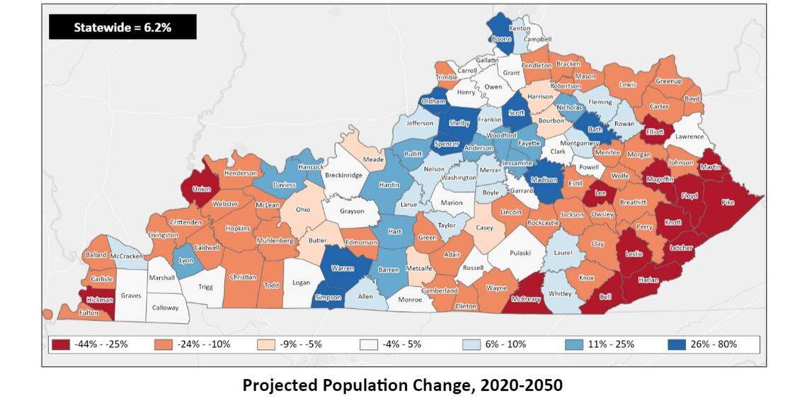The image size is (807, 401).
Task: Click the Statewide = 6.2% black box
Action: [122, 27]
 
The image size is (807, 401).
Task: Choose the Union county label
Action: [201, 189]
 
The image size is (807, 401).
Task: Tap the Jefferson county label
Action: [420, 123]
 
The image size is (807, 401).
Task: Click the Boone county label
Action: [501, 39]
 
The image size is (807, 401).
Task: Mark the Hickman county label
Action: [96, 300]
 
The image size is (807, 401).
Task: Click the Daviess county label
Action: [285, 185]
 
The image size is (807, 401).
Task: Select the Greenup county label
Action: [668, 81]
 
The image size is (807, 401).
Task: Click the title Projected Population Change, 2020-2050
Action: [403, 385]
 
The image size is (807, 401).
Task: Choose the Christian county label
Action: [243, 277]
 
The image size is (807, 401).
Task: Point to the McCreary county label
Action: [525, 299]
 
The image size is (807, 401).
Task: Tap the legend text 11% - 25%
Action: [610, 344]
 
